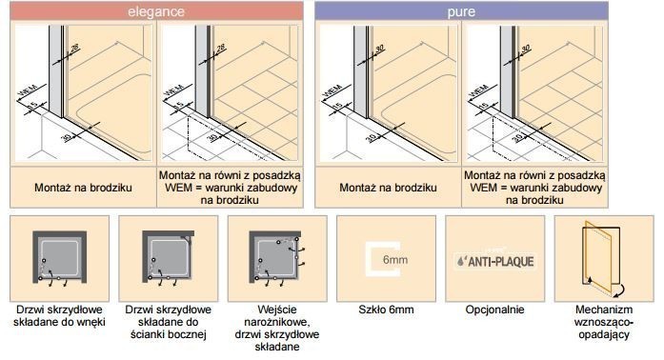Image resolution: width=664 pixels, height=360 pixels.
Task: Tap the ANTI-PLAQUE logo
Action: [495, 259]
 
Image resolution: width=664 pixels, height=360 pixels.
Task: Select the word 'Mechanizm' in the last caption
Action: [603, 310]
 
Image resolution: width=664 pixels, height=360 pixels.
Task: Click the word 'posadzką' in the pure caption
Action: [586, 175]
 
